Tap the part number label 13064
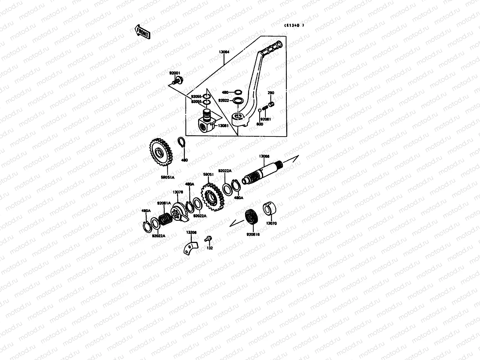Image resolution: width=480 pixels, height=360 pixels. pos(224,52)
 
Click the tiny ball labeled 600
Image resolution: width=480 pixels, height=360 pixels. pos(260,111)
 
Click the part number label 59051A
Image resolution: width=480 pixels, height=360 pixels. pos(167,177)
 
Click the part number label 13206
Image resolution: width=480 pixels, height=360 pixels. pos(191,232)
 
